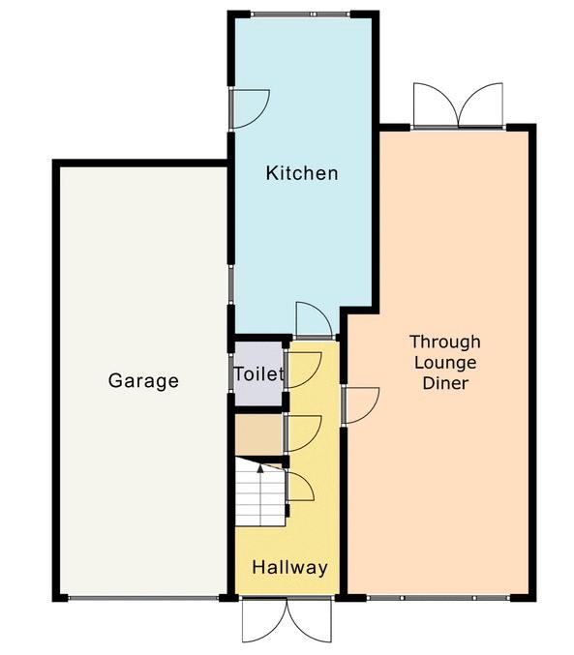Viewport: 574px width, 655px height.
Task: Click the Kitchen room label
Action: [x=302, y=173]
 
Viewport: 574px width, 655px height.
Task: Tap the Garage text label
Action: [x=143, y=380]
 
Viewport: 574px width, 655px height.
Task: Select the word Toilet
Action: [x=259, y=373]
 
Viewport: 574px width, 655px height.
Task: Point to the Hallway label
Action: [x=289, y=567]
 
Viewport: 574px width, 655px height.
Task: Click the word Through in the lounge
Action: [x=445, y=342]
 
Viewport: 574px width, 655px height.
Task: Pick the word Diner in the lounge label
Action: [x=445, y=383]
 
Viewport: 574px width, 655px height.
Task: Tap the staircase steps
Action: [x=260, y=492]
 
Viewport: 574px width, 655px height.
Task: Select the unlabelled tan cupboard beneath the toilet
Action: [x=258, y=434]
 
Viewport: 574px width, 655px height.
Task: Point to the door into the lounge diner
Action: [x=360, y=405]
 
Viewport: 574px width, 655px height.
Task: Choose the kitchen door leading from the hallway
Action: [x=314, y=319]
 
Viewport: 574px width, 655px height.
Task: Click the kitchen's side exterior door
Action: [x=251, y=108]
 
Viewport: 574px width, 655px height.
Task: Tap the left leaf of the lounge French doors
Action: [x=436, y=104]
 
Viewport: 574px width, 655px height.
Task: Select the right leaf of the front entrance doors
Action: [x=310, y=621]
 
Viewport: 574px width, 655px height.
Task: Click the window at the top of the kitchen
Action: [x=301, y=15]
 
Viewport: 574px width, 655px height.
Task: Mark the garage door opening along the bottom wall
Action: [x=143, y=598]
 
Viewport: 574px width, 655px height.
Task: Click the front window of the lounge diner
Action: [x=438, y=598]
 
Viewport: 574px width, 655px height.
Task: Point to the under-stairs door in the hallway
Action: [x=300, y=487]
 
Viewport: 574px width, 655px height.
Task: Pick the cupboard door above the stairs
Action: [x=303, y=434]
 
